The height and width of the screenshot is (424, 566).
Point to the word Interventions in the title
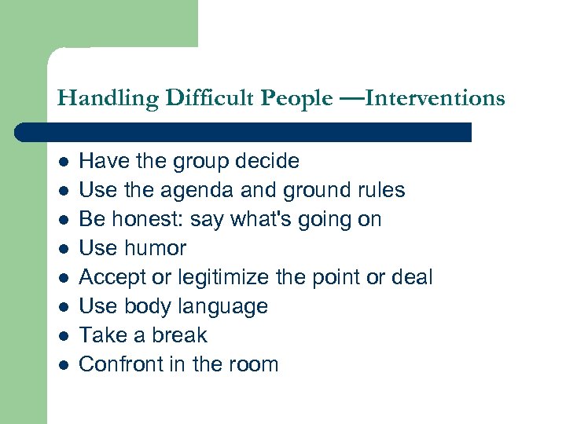pos(435,99)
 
